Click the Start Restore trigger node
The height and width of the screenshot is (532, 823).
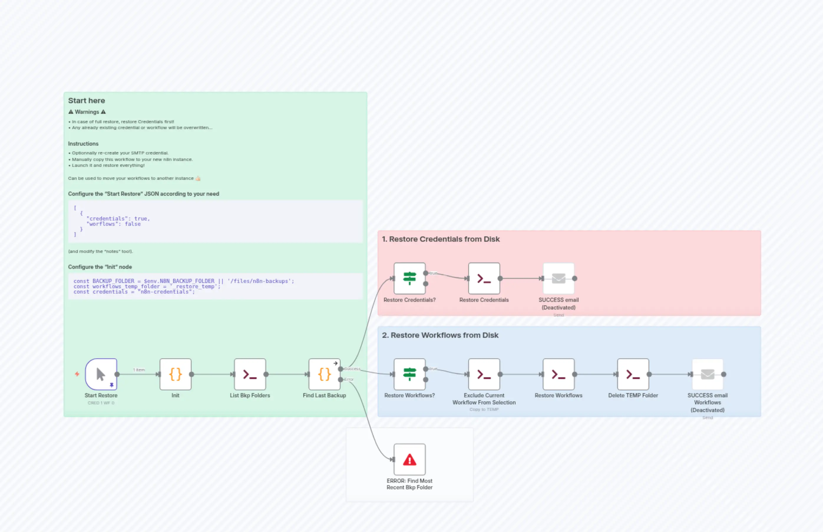(101, 374)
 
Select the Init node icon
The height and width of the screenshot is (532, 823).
(175, 374)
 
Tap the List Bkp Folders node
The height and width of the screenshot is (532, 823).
(250, 374)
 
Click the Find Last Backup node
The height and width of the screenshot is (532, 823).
(324, 374)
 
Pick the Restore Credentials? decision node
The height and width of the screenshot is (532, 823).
(409, 279)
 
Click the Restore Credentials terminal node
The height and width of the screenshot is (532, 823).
(484, 279)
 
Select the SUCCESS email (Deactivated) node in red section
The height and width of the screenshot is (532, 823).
(558, 279)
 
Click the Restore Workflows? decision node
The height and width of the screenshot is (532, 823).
(409, 374)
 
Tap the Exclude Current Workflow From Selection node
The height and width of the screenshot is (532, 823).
(484, 374)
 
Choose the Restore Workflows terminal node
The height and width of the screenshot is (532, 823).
(558, 374)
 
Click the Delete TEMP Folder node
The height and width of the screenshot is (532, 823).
(633, 374)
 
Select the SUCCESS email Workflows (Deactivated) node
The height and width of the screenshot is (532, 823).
(707, 374)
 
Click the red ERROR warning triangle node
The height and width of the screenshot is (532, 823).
(409, 459)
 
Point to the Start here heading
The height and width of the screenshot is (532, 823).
(86, 101)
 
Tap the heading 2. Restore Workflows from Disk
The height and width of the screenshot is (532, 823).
(440, 335)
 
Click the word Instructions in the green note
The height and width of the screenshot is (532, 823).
(83, 144)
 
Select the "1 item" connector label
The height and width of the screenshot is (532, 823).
(139, 370)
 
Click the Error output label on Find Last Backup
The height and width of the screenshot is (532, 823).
(349, 379)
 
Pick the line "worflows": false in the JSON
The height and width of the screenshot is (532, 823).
(114, 224)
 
